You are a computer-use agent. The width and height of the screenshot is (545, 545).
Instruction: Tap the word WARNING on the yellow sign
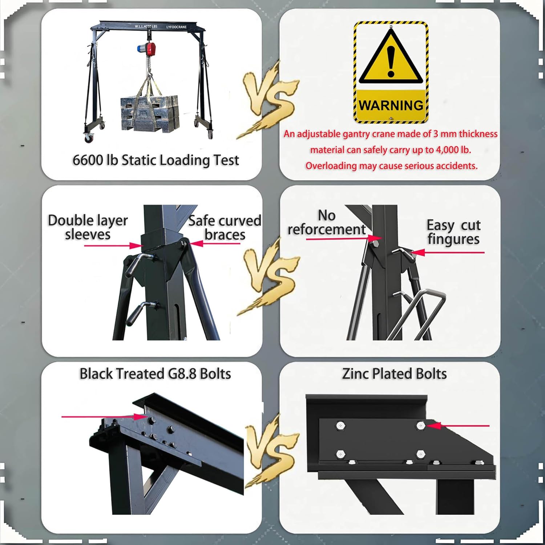click(391, 105)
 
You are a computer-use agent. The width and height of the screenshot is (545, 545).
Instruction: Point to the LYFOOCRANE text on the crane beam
click(177, 27)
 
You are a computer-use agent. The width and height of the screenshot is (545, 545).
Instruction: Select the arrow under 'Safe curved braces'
click(214, 243)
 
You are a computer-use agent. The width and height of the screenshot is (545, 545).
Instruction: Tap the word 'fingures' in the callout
click(453, 239)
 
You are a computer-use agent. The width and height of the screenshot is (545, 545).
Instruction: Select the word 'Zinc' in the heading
click(356, 374)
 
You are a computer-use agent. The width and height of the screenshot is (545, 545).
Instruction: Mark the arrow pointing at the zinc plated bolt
click(458, 425)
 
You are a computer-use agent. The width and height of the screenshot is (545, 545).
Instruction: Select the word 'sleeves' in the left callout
click(88, 234)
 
